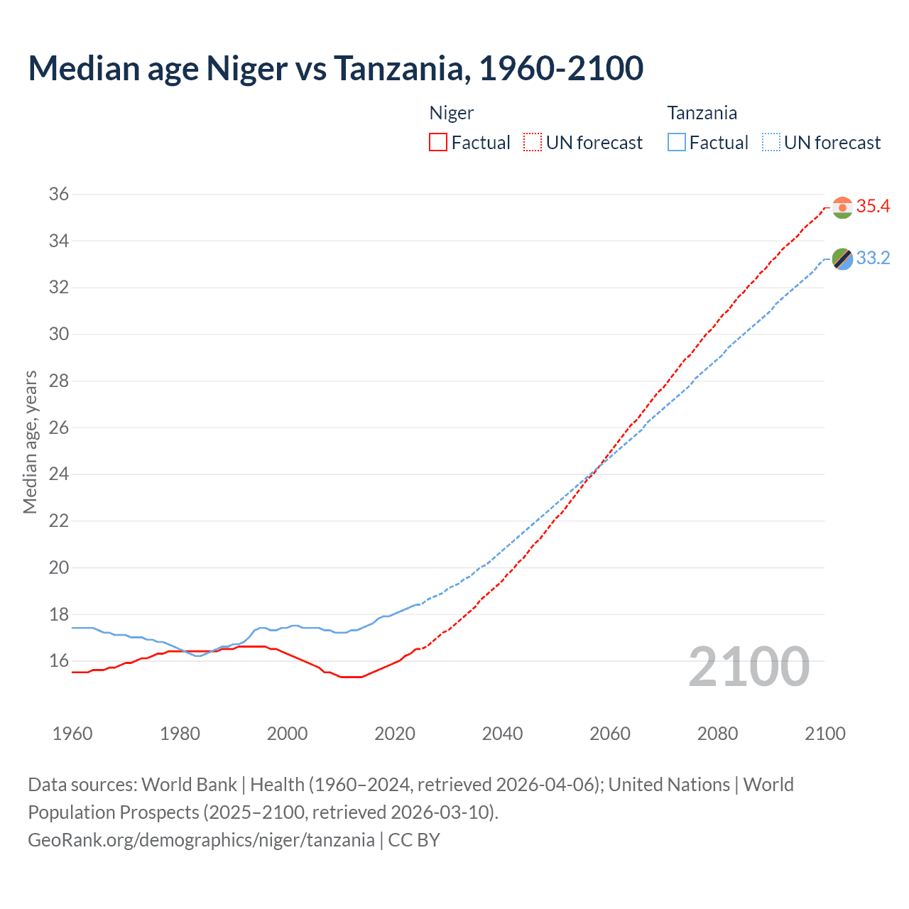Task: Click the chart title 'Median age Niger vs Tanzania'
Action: pos(335,68)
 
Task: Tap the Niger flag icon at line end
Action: pos(842,207)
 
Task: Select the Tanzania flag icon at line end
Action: pos(842,259)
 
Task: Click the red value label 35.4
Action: pos(873,207)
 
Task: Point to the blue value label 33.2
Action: pos(873,258)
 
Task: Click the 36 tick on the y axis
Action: pos(58,194)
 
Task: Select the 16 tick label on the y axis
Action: pos(58,661)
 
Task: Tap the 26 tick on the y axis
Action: pos(58,428)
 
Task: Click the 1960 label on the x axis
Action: pos(72,734)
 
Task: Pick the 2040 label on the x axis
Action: pos(502,734)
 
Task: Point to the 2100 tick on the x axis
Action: pos(824,734)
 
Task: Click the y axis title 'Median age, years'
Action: pos(30,442)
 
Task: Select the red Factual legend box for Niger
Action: pos(438,143)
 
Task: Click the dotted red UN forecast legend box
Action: pos(533,143)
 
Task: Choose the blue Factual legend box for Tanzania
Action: pos(677,143)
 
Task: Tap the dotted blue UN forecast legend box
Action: pos(771,143)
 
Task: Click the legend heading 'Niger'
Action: pos(452,113)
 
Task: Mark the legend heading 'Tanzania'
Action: pos(702,113)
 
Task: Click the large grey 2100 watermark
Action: pos(749,667)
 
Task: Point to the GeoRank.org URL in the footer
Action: pos(201,840)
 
